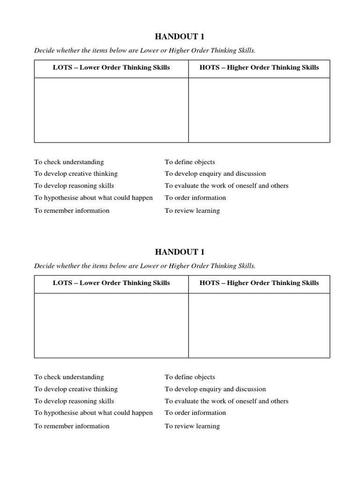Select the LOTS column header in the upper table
pos(111,67)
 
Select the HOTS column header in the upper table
pos(259,67)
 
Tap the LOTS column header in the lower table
pos(111,283)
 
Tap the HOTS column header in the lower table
pos(259,283)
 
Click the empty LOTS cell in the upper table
pos(111,110)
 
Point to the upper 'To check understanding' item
pos(69,162)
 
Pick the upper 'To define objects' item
pos(190,162)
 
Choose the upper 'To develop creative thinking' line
pos(76,174)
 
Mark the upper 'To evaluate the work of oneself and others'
pos(226,186)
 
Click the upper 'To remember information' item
pos(72,210)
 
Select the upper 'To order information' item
pos(195,198)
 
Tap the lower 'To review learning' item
pos(192,426)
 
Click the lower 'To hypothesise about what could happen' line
pos(93,413)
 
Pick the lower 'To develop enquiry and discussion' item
pos(215,389)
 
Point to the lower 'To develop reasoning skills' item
pos(74,401)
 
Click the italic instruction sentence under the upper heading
pos(145,51)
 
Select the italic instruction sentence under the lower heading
pos(145,266)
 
